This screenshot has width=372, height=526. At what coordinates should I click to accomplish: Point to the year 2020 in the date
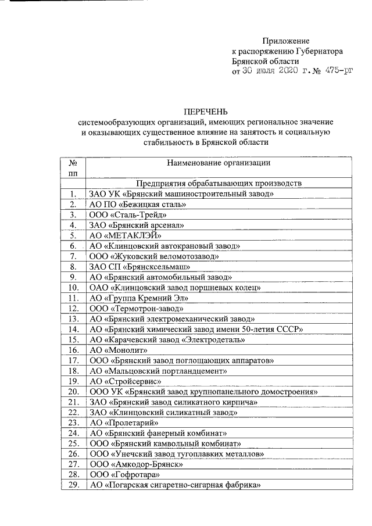click(x=285, y=71)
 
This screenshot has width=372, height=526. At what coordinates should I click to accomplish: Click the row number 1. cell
click(x=73, y=194)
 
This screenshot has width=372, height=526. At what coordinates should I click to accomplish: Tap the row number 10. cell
click(x=73, y=287)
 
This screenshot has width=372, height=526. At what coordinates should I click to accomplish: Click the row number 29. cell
click(x=73, y=485)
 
